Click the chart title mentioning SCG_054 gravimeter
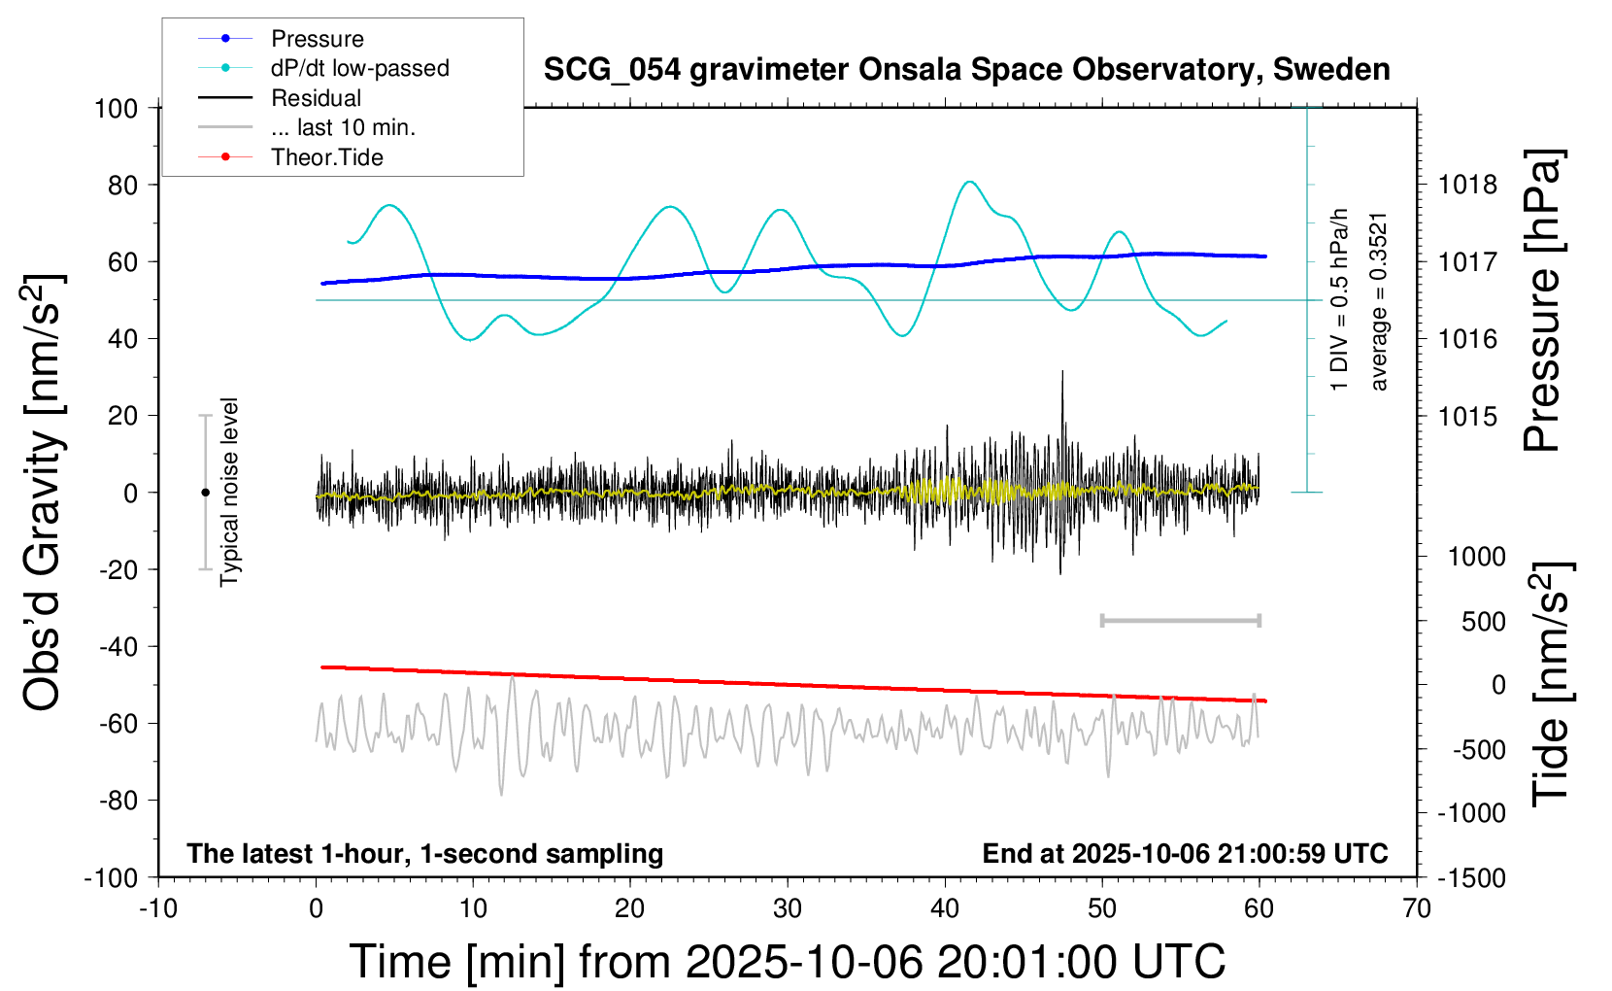(x=966, y=70)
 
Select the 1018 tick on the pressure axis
(x=1467, y=185)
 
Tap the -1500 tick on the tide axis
(x=1472, y=878)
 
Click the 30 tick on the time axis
(x=788, y=909)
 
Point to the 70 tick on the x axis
(x=1417, y=909)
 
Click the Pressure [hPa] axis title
(x=1542, y=301)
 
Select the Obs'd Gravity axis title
(x=44, y=493)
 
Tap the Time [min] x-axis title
(x=787, y=962)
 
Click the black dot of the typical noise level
(x=205, y=493)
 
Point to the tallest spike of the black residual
(x=1062, y=372)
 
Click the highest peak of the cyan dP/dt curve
(x=968, y=182)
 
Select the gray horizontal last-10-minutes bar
(x=1180, y=620)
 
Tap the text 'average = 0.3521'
(x=1379, y=301)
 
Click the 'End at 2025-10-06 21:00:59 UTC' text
(x=1185, y=853)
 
